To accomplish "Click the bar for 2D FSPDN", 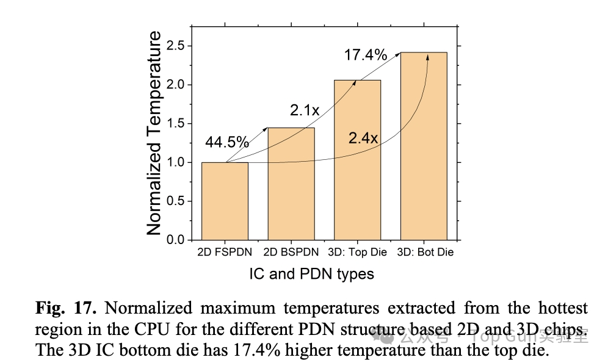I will [225, 201].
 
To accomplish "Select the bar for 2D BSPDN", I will [291, 184].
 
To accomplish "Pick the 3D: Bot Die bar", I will [424, 146].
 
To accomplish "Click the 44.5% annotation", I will [227, 143].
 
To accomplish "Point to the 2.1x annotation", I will [305, 110].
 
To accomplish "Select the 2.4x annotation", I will [364, 139].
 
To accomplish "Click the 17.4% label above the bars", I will [366, 55].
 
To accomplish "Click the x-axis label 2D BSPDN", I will [291, 252].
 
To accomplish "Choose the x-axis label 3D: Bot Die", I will [425, 252].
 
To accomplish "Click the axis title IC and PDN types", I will [311, 274].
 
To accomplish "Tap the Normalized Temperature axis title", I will [154, 133].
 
